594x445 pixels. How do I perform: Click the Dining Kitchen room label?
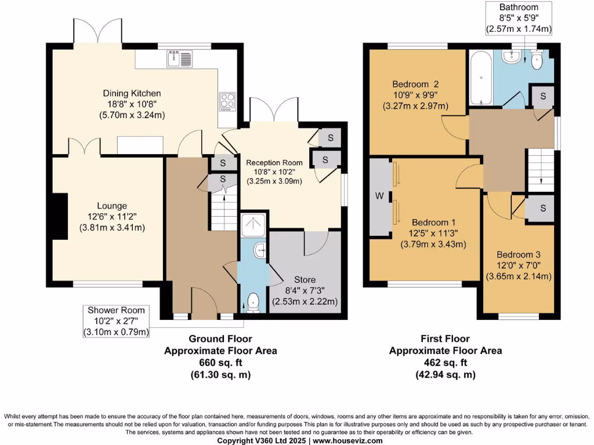coord(132,93)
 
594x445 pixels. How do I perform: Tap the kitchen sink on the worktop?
coord(179,58)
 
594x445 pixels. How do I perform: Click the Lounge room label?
coord(112,206)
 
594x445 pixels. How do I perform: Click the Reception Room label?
coord(274,163)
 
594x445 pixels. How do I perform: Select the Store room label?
coord(305,280)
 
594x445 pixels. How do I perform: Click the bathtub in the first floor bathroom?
coord(479,78)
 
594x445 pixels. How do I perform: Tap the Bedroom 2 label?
coord(415,83)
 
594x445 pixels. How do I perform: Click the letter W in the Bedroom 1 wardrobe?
coord(379,196)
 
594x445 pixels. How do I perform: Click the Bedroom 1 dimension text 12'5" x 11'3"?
coord(430,234)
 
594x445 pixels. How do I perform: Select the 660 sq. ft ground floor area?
coord(220,363)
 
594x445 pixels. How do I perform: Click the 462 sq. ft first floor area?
coord(445,363)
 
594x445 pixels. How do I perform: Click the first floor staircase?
coord(539,168)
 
